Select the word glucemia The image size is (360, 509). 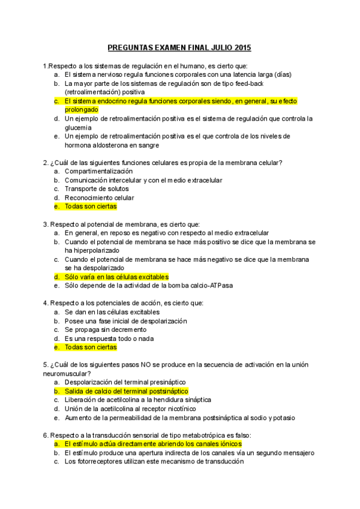tap(79, 127)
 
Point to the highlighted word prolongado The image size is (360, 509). tap(83, 110)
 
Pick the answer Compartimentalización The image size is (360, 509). tap(99, 171)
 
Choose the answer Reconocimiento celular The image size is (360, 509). tap(100, 197)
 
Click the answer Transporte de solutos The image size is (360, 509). tap(97, 188)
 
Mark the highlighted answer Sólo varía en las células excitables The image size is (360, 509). tap(117, 277)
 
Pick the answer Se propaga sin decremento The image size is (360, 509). tap(106, 330)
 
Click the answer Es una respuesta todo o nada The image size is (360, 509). tap(109, 339)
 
